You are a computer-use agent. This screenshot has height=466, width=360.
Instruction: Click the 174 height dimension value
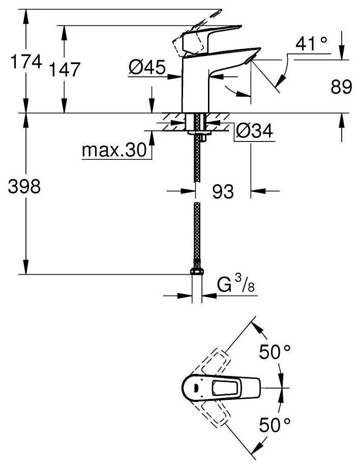click(x=26, y=63)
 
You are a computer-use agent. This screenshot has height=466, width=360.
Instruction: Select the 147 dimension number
click(x=65, y=70)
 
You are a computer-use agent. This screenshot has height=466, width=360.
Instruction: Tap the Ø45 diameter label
click(x=147, y=68)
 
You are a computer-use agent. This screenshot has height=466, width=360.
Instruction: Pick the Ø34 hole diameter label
click(x=255, y=132)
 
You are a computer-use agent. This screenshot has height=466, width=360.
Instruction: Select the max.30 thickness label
click(x=113, y=151)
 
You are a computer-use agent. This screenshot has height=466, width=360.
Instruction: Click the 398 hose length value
click(x=23, y=187)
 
